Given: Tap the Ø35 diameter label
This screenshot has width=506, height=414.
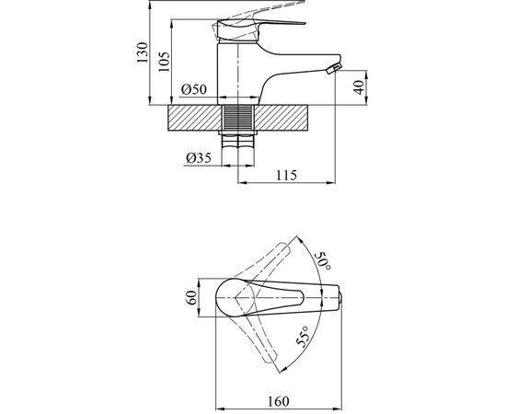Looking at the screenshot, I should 199,157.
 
